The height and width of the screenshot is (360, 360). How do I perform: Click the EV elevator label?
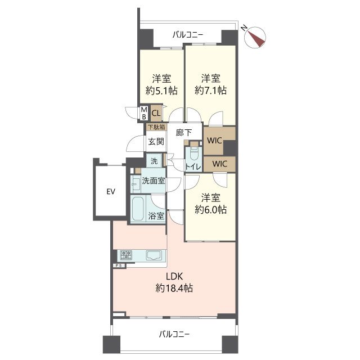pos(111,191)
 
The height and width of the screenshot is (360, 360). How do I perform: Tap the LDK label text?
pos(174,277)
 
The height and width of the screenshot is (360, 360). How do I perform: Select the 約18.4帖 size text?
pos(174,288)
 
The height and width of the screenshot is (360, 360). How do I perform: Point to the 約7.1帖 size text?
pos(210,90)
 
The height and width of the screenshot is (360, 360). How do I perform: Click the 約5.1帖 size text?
pos(161,91)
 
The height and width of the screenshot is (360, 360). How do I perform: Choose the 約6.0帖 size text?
pos(210,210)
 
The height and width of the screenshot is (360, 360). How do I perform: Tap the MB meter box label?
pos(144,113)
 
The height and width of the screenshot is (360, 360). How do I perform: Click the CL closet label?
pos(156,113)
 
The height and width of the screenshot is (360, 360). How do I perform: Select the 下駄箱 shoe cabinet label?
pos(156,127)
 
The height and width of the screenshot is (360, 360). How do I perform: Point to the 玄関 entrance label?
pos(156,141)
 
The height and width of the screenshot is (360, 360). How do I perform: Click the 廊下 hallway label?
pos(184,133)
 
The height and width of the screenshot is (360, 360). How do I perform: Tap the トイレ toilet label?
pos(193,167)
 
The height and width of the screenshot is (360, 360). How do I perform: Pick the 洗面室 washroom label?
pos(154,181)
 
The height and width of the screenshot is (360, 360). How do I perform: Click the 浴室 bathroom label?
pos(156,215)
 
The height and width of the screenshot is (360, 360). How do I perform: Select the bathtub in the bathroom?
pos(138,209)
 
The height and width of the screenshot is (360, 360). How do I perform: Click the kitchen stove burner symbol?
pos(126,255)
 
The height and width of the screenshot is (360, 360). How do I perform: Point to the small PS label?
pos(119,265)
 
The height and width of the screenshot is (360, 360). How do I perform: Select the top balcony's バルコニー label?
pos(188,35)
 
